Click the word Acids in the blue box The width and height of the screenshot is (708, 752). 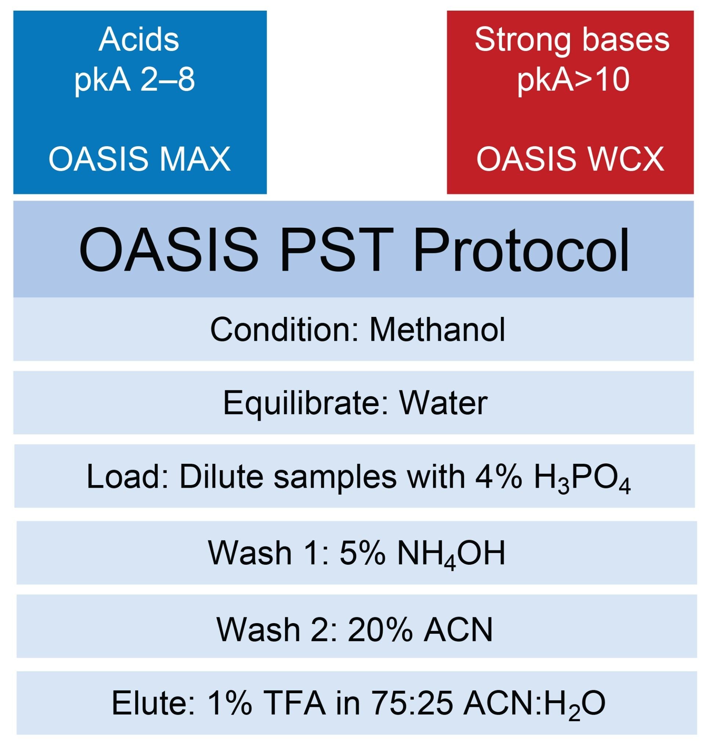click(x=139, y=40)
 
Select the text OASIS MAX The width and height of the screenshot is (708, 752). click(x=140, y=159)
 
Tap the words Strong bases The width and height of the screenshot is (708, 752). click(x=571, y=40)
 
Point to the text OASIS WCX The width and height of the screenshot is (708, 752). click(x=570, y=159)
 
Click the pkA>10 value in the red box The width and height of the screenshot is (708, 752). click(x=573, y=80)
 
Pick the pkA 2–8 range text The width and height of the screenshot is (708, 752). click(x=135, y=80)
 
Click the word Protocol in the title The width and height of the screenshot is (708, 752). click(x=521, y=251)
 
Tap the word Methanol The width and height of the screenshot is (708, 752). click(x=437, y=330)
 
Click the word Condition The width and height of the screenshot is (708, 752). click(x=280, y=330)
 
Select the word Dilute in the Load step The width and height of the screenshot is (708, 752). click(x=221, y=477)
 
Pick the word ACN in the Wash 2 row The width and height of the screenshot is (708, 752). click(x=458, y=630)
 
